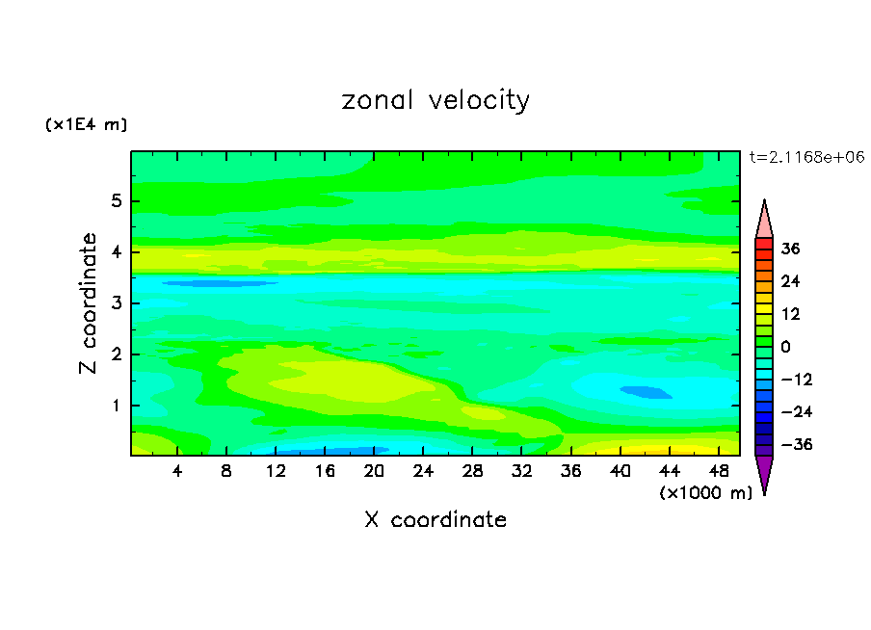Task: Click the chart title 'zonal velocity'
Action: [435, 100]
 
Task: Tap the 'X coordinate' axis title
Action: [435, 520]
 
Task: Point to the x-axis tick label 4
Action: [177, 471]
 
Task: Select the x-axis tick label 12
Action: [276, 471]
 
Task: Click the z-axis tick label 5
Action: [116, 202]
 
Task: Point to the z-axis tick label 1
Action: [116, 406]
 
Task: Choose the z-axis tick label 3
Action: [116, 304]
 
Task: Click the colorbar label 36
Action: [790, 249]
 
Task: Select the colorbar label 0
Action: [786, 347]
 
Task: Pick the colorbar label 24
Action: [790, 281]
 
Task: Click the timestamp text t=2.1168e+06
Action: [806, 156]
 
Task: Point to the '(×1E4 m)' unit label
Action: [86, 125]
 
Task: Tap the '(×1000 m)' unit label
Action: [705, 493]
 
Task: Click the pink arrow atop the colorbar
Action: [764, 219]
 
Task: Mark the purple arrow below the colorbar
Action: [764, 474]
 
